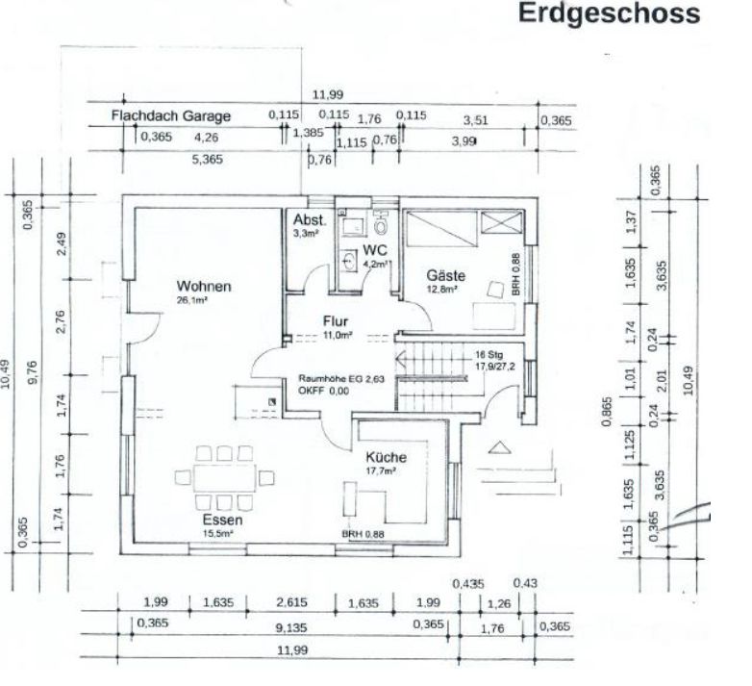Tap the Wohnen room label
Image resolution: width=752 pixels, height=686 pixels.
[203, 286]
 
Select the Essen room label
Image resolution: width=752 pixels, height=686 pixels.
[222, 520]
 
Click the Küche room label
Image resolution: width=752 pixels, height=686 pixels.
[386, 457]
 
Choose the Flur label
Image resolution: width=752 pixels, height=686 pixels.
[336, 322]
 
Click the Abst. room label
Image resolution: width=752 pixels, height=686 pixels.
[310, 219]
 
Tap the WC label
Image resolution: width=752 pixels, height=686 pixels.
[373, 250]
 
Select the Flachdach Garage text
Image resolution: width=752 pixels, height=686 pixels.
[171, 115]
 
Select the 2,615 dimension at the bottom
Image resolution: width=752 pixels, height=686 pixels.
[291, 603]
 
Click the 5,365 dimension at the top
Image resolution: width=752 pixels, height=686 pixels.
[203, 160]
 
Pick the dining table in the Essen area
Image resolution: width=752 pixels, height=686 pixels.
[222, 476]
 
